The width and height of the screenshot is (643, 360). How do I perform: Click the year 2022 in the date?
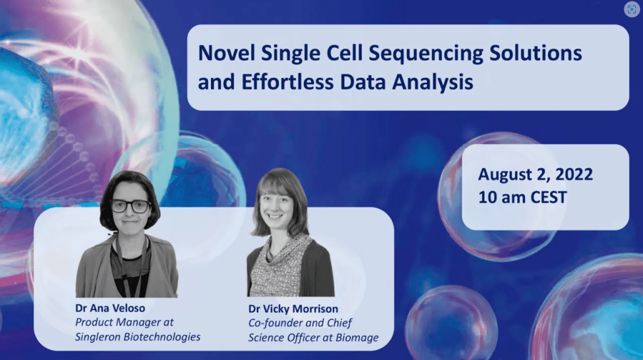(x=574, y=175)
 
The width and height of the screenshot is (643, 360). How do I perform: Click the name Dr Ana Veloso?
(x=110, y=308)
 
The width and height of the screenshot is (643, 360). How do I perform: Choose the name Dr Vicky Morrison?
(x=293, y=308)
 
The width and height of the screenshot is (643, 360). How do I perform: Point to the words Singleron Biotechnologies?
(x=138, y=337)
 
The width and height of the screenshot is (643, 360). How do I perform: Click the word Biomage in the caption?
(x=357, y=338)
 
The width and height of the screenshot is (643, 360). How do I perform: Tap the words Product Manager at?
(x=124, y=323)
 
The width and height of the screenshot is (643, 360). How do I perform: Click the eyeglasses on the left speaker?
(x=131, y=205)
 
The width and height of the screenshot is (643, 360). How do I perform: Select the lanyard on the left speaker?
(x=127, y=263)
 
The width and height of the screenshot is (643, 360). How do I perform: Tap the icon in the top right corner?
(x=632, y=9)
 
